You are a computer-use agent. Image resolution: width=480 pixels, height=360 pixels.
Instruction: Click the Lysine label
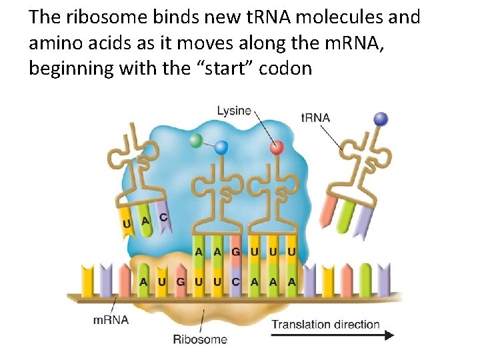(x=234, y=111)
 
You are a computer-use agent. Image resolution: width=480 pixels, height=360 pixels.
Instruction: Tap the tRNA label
(x=315, y=117)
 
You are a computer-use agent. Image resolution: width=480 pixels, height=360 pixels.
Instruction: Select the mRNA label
(x=111, y=319)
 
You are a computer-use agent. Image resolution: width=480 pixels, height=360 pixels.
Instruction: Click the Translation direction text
(x=326, y=325)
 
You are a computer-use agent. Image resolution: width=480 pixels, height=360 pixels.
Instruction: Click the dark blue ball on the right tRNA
(x=381, y=119)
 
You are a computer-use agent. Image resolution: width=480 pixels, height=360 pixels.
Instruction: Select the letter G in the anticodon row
(x=236, y=251)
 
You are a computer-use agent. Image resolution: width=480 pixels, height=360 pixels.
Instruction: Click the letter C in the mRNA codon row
(x=236, y=282)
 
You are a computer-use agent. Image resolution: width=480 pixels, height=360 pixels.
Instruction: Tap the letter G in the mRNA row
(x=181, y=282)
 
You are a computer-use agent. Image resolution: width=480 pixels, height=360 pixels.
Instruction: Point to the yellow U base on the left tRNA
(x=127, y=223)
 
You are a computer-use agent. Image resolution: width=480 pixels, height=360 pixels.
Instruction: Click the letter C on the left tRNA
(x=163, y=217)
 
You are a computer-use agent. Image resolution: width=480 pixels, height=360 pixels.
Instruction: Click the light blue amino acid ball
(x=221, y=148)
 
